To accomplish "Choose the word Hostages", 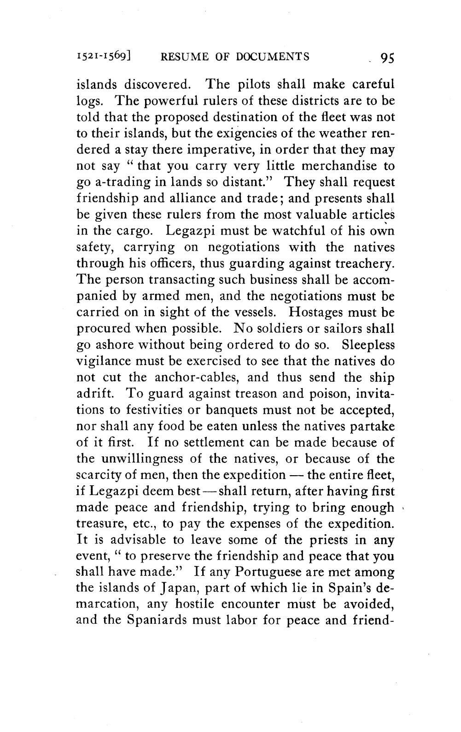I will [315, 313].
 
